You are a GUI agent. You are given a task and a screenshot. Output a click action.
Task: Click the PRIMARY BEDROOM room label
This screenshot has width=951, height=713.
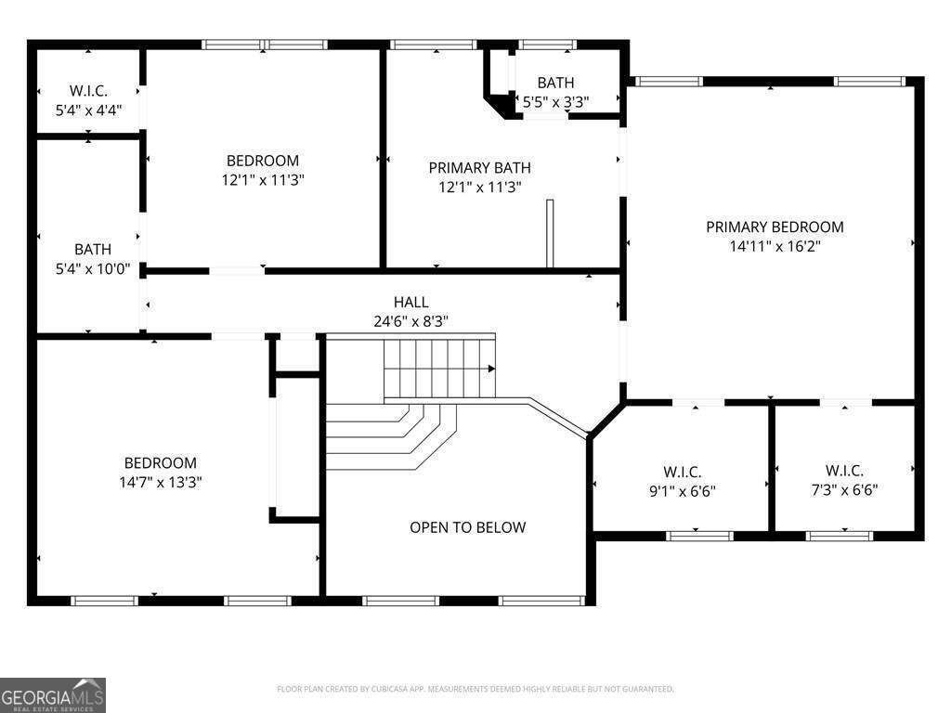[x=775, y=227]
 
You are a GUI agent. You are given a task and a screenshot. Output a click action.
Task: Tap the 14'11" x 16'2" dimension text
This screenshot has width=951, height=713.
[x=775, y=246]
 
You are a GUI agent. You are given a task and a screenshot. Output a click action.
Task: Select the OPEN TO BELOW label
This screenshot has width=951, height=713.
[x=468, y=527]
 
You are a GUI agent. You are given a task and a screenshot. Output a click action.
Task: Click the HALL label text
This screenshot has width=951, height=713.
[x=411, y=302]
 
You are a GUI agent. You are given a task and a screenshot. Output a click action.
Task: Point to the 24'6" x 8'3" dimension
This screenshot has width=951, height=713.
[x=411, y=321]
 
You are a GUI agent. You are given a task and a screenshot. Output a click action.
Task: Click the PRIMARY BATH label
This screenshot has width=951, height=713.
[x=480, y=168]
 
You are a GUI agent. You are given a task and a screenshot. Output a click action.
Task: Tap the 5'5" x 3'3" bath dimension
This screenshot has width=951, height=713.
[x=555, y=102]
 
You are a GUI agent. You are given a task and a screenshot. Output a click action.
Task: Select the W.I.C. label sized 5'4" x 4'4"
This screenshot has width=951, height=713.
[x=88, y=91]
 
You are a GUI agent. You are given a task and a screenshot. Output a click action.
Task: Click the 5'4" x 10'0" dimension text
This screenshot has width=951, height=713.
[x=93, y=268]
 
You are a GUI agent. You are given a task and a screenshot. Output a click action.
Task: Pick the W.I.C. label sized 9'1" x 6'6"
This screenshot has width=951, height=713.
[x=683, y=472]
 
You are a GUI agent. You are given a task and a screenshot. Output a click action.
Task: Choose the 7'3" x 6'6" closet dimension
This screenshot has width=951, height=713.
[x=844, y=490]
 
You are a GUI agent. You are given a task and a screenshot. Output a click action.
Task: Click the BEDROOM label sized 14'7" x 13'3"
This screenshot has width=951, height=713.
[x=160, y=463]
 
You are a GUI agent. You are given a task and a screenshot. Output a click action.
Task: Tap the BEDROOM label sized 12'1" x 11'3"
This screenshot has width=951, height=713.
[x=263, y=161]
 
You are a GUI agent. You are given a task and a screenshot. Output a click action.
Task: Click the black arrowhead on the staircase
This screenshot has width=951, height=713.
[x=492, y=369]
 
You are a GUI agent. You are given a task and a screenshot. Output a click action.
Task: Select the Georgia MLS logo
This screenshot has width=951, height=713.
[x=53, y=694]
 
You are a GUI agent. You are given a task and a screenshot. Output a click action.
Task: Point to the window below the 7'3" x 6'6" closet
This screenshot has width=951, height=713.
[x=840, y=536]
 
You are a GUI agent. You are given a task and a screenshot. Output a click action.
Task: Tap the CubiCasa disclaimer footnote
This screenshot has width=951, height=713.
[x=475, y=690]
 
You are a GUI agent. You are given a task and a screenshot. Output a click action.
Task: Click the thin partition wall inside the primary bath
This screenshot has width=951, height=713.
[x=550, y=233]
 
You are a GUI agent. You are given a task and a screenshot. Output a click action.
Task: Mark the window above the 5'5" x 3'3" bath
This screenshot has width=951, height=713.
[x=546, y=45]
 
